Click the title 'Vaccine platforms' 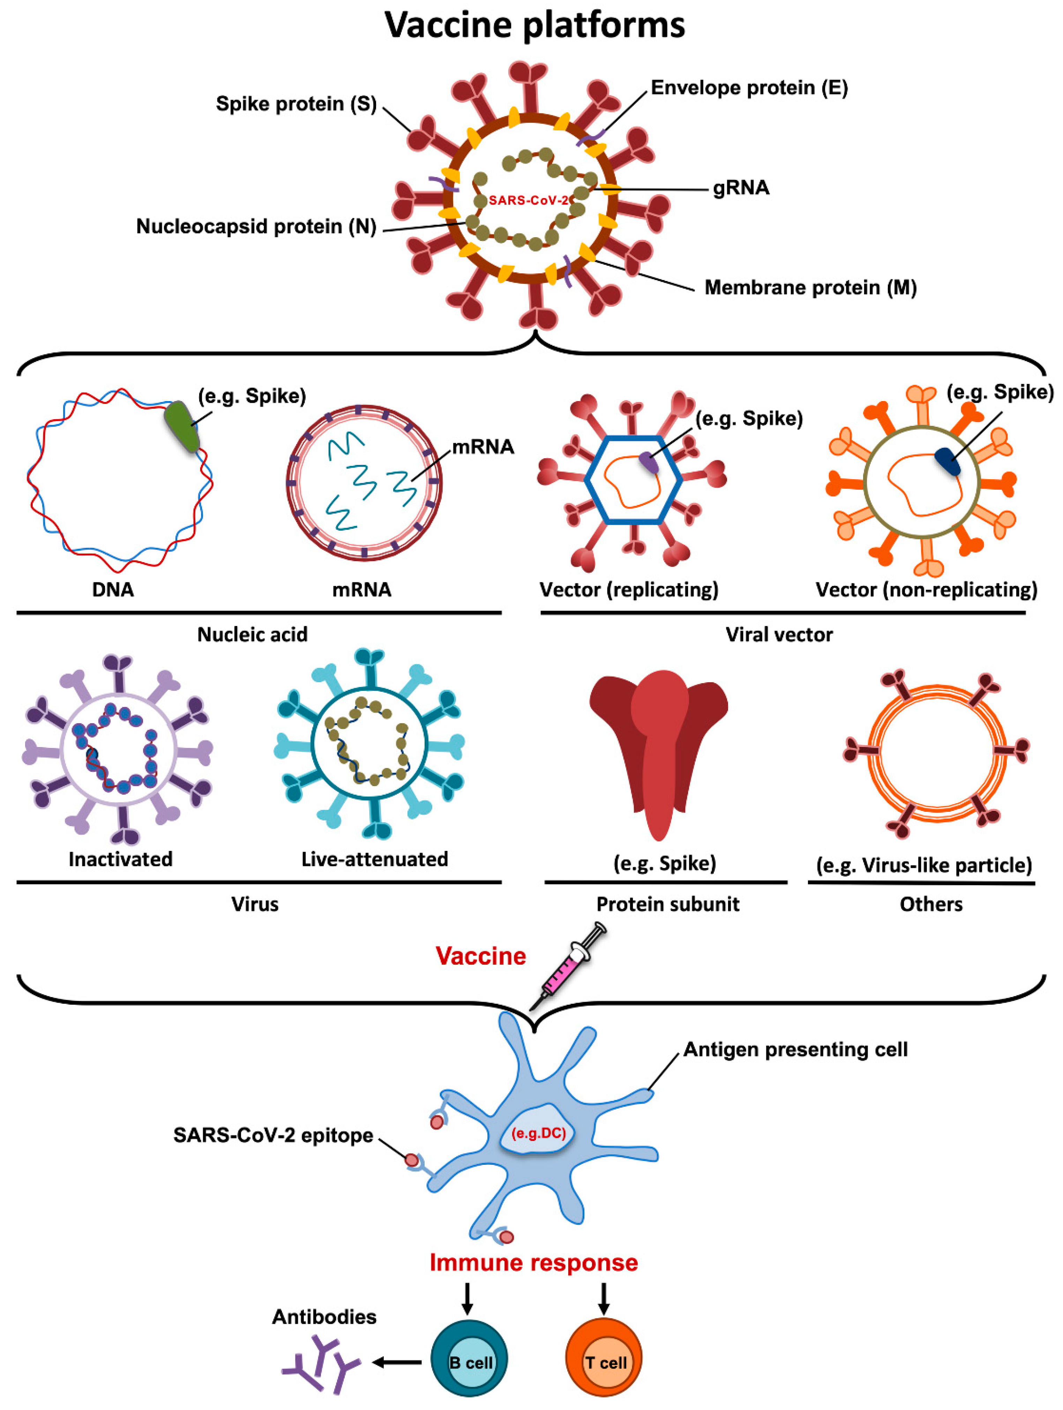(x=534, y=25)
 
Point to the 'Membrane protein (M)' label (x=810, y=287)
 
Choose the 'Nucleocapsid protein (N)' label (x=256, y=226)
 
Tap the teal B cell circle (x=469, y=1362)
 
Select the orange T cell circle (x=604, y=1362)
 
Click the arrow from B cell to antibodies (x=397, y=1362)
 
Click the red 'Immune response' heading (x=533, y=1263)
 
